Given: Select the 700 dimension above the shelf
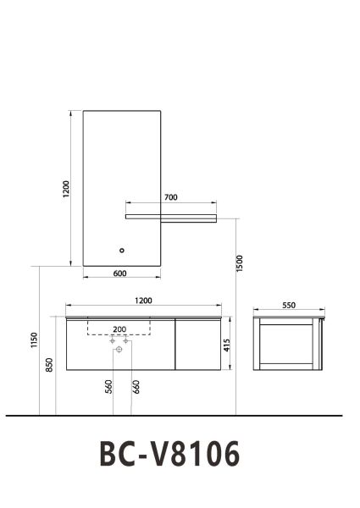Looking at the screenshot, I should point(170,197).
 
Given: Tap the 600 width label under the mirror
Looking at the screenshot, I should point(119,273).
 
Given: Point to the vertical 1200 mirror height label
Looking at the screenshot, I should point(66,188).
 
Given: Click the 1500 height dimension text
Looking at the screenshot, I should point(241,263).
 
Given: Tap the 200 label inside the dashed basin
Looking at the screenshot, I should point(119,329).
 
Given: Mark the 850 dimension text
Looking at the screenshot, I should point(50,364).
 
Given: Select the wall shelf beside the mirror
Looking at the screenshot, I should point(170,218).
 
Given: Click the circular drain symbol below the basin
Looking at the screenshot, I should point(119,348).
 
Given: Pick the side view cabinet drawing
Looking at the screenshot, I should point(289,343).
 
